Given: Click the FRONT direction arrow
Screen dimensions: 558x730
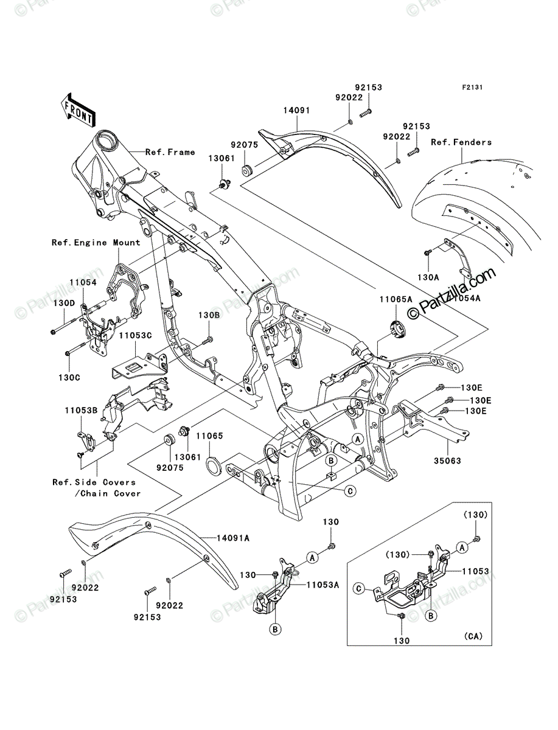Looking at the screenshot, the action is [x=78, y=109].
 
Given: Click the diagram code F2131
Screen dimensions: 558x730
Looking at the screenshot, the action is [x=472, y=88].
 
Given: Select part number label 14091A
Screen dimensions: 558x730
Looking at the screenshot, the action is [x=233, y=538].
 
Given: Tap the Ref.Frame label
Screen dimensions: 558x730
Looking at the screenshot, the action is [x=170, y=152].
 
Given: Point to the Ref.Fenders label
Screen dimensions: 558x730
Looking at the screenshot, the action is [x=461, y=142].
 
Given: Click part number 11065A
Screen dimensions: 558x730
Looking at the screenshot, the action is [x=396, y=299].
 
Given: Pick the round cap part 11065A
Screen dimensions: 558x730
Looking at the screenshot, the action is [x=398, y=329].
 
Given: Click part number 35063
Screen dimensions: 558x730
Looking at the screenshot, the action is [x=448, y=461].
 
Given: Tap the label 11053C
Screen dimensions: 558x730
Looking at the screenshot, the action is [x=135, y=336].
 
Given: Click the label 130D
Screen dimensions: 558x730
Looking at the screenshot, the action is [x=64, y=303].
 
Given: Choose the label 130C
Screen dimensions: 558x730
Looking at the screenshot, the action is [x=69, y=378].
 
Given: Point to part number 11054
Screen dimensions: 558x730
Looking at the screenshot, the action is [x=83, y=282].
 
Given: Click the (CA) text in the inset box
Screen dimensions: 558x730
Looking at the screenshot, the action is [x=473, y=636].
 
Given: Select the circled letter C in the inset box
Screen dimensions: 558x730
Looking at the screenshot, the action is [x=359, y=589].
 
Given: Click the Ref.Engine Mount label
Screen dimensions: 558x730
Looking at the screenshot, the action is [x=96, y=243].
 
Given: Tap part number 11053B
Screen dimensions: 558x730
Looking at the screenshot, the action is [x=81, y=411].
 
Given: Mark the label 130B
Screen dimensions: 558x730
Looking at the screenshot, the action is [x=209, y=315].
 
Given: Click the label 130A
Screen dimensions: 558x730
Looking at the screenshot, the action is [x=428, y=277].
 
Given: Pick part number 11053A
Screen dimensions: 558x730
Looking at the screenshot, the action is [x=323, y=585].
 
